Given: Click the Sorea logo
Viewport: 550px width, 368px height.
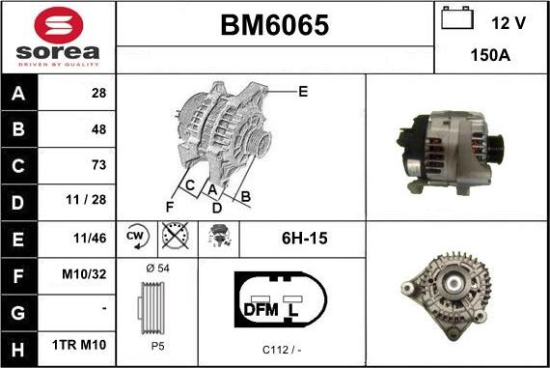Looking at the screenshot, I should coord(58,37).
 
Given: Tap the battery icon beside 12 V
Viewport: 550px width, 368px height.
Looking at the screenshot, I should coord(456,20).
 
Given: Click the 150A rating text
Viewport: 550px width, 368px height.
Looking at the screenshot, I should coord(490,56).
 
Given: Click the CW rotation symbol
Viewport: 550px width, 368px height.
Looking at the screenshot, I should coord(135,237).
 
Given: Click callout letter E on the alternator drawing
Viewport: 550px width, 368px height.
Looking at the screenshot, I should coord(302,92).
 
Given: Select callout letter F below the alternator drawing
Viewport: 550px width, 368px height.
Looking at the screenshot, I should coord(169,205).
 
